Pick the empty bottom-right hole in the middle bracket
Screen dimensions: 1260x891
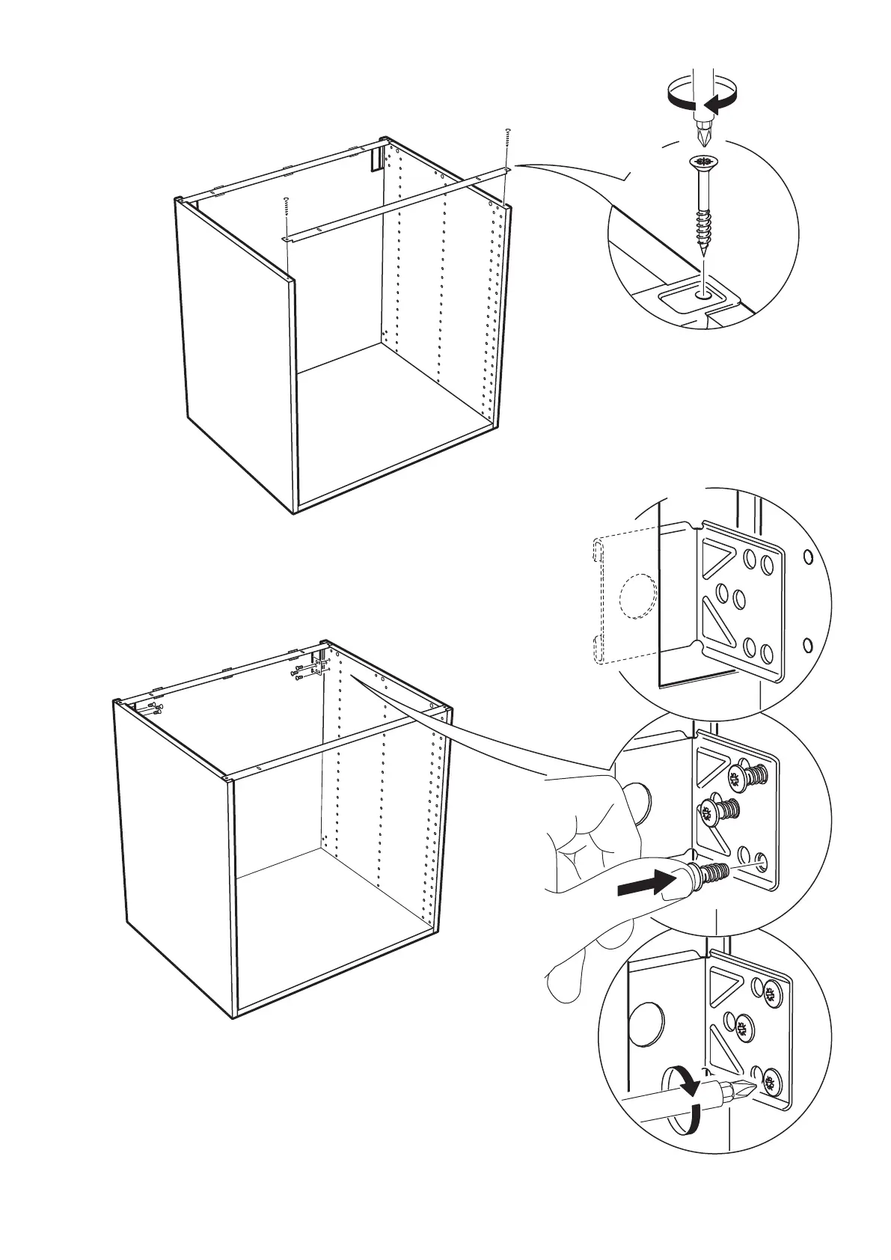click(761, 857)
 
